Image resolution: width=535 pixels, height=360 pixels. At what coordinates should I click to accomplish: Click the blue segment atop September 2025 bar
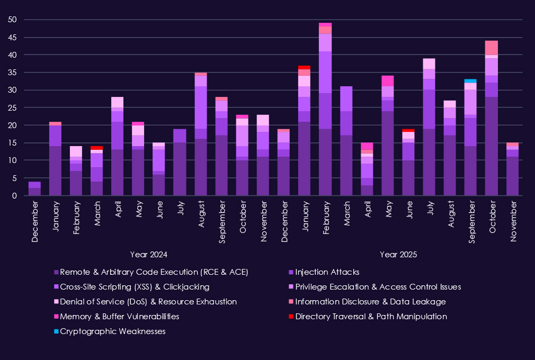(470, 80)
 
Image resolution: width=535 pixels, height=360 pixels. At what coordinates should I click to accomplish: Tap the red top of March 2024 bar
(96, 148)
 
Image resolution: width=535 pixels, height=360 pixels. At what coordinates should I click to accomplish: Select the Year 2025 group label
(398, 254)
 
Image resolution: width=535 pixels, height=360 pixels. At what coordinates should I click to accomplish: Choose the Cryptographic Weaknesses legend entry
(113, 331)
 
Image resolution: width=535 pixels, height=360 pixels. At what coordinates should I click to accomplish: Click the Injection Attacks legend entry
(327, 272)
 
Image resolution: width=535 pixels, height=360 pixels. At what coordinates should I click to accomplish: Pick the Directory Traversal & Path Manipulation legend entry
(371, 317)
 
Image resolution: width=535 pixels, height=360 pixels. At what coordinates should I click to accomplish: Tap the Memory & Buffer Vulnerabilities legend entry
(119, 317)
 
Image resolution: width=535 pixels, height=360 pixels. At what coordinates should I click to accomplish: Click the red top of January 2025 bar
(304, 67)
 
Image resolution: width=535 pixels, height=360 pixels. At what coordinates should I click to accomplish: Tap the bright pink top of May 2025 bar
(387, 81)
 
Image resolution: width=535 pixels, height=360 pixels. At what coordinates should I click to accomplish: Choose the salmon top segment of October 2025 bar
(491, 48)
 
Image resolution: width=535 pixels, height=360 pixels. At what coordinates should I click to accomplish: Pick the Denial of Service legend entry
(148, 302)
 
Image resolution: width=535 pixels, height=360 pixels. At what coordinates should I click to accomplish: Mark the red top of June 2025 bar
(408, 130)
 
